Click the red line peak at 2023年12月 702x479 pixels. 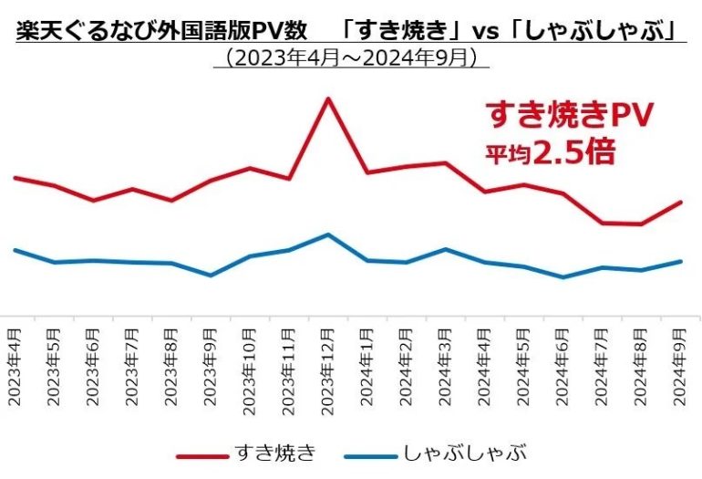pyautogui.click(x=328, y=98)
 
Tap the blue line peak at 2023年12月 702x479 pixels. pyautogui.click(x=328, y=234)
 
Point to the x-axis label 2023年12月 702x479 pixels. pyautogui.click(x=328, y=364)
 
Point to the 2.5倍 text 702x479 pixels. pyautogui.click(x=574, y=151)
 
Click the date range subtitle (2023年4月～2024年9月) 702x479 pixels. pyautogui.click(x=351, y=57)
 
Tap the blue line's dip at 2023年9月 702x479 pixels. pyautogui.click(x=211, y=275)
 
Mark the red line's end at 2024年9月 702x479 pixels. pyautogui.click(x=681, y=202)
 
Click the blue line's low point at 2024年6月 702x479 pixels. pyautogui.click(x=563, y=277)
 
